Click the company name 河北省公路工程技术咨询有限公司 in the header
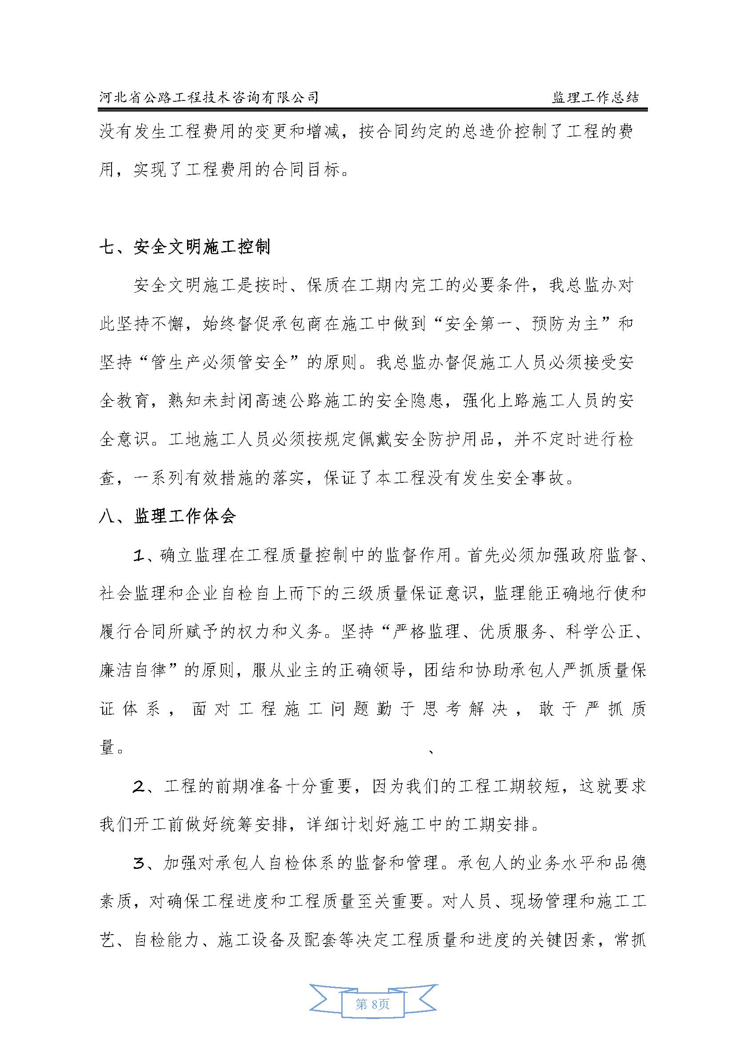[209, 97]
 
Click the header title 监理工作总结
[595, 97]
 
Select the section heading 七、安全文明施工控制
[184, 247]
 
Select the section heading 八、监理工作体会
[167, 516]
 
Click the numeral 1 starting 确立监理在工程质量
[139, 555]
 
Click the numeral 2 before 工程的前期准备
[139, 787]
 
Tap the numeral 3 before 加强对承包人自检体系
[139, 864]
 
